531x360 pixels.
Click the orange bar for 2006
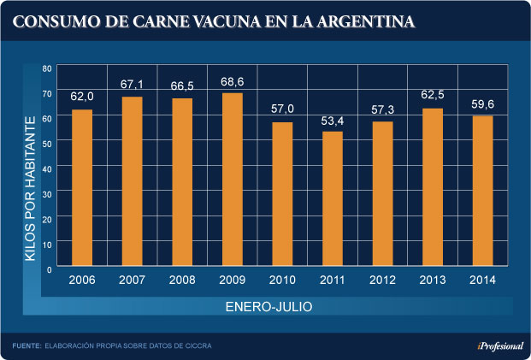coord(82,188)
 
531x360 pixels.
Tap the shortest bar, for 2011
coord(333,199)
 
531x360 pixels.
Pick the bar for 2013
coord(433,187)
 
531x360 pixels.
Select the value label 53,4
coord(333,119)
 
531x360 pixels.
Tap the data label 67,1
coord(133,85)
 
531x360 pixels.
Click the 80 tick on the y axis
coord(48,68)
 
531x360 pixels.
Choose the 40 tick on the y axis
coord(48,168)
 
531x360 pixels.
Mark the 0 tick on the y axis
coord(50,269)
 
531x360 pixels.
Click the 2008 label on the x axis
coord(183,280)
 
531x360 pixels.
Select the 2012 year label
coord(383,280)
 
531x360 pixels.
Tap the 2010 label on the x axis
coord(283,280)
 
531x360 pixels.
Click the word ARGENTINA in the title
coord(363,19)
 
